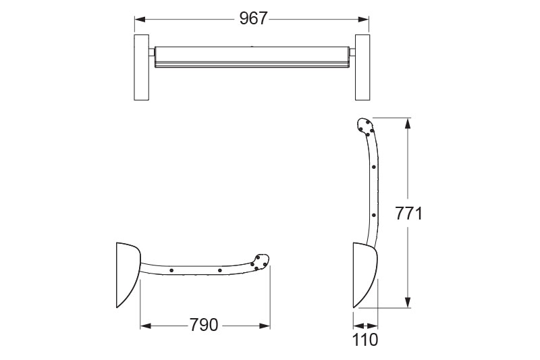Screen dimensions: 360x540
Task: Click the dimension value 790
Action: [205, 326]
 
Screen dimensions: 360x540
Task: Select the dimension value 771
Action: [408, 213]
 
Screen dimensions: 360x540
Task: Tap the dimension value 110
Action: [365, 339]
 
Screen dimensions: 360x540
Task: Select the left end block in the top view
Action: [142, 67]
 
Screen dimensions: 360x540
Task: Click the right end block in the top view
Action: [362, 67]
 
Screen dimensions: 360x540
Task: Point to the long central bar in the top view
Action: [251, 57]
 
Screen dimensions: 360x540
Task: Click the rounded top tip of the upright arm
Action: [364, 125]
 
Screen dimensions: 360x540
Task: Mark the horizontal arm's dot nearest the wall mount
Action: [171, 270]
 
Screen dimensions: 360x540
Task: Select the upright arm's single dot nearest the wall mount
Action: [373, 215]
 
